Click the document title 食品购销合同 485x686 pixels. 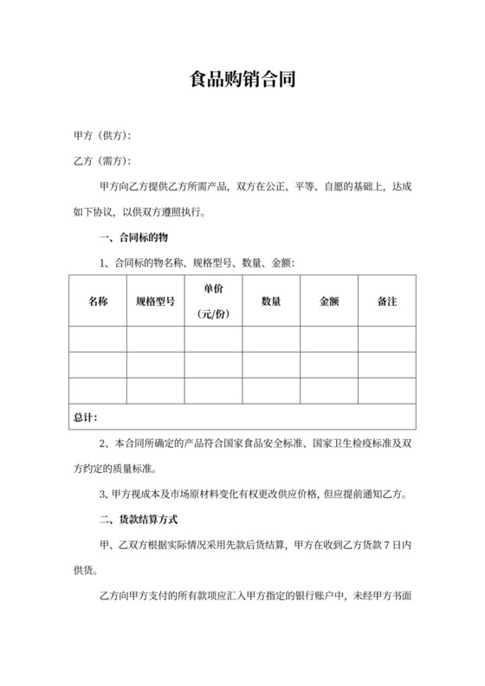pyautogui.click(x=242, y=82)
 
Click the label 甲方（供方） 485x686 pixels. pyautogui.click(x=102, y=137)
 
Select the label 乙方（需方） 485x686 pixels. pyautogui.click(x=102, y=161)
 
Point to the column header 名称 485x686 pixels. pyautogui.click(x=98, y=301)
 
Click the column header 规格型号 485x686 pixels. pyautogui.click(x=156, y=301)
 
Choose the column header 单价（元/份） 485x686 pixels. pyautogui.click(x=213, y=301)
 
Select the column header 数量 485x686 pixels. pyautogui.click(x=271, y=301)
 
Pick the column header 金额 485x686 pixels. pyautogui.click(x=329, y=301)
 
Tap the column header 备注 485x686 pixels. pyautogui.click(x=387, y=301)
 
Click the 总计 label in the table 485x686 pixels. pyautogui.click(x=85, y=417)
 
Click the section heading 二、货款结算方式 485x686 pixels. pyautogui.click(x=139, y=520)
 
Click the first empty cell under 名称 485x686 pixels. pyautogui.click(x=98, y=339)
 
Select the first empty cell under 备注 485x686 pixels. pyautogui.click(x=387, y=339)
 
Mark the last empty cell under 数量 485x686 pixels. pyautogui.click(x=271, y=391)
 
